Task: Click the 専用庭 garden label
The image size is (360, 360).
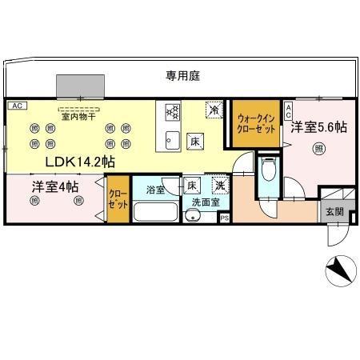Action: pos(182,76)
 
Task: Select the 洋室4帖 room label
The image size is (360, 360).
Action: pos(55,187)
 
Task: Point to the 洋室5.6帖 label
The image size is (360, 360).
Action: pos(318,127)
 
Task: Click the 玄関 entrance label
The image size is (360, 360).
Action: pos(334,212)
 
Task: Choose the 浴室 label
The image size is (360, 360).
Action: pos(156,190)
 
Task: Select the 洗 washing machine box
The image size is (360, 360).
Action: pos(219,186)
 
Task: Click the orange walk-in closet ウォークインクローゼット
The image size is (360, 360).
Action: pos(256,124)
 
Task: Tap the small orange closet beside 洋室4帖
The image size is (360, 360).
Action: pos(117,199)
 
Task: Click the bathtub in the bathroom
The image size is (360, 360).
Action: pos(156,213)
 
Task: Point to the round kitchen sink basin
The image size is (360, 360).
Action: pos(170,142)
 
